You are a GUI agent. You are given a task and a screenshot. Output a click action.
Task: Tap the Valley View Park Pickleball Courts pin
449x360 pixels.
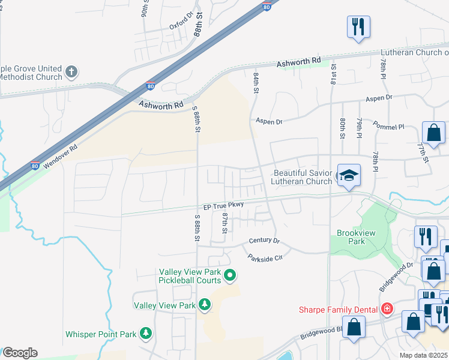pos(229,276)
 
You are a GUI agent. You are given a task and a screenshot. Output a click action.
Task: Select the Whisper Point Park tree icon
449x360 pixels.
pos(145,332)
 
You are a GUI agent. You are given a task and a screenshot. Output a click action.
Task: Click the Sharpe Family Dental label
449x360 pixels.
pos(339,310)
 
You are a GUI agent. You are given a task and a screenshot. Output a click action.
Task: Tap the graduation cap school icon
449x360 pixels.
pos(349,175)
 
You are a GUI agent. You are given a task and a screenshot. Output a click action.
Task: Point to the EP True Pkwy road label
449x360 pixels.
pos(223,206)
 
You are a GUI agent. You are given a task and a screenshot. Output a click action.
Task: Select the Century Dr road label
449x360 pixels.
pos(264,241)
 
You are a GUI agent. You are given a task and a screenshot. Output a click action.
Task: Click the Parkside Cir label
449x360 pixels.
pos(264,257)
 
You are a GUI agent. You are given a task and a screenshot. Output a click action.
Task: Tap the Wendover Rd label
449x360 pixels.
pos(59,155)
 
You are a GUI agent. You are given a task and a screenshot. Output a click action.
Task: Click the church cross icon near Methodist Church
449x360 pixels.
pos(71,73)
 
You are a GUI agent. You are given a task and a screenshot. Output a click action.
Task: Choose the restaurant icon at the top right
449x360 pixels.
pos(358,26)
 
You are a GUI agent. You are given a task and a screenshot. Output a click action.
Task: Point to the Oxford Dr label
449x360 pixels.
pos(182,23)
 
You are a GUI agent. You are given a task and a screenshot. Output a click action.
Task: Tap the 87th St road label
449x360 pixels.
pos(225,223)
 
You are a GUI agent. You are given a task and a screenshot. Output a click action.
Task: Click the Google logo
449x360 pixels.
pos(20,353)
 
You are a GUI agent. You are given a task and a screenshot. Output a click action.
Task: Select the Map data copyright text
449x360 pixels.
pos(424,355)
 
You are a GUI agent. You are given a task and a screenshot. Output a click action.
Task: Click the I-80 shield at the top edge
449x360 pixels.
pos(266,6)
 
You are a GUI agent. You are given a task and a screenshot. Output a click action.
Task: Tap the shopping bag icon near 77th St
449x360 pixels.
pos(433,133)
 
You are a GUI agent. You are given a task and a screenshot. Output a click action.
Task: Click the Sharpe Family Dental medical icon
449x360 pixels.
pos(388,309)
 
